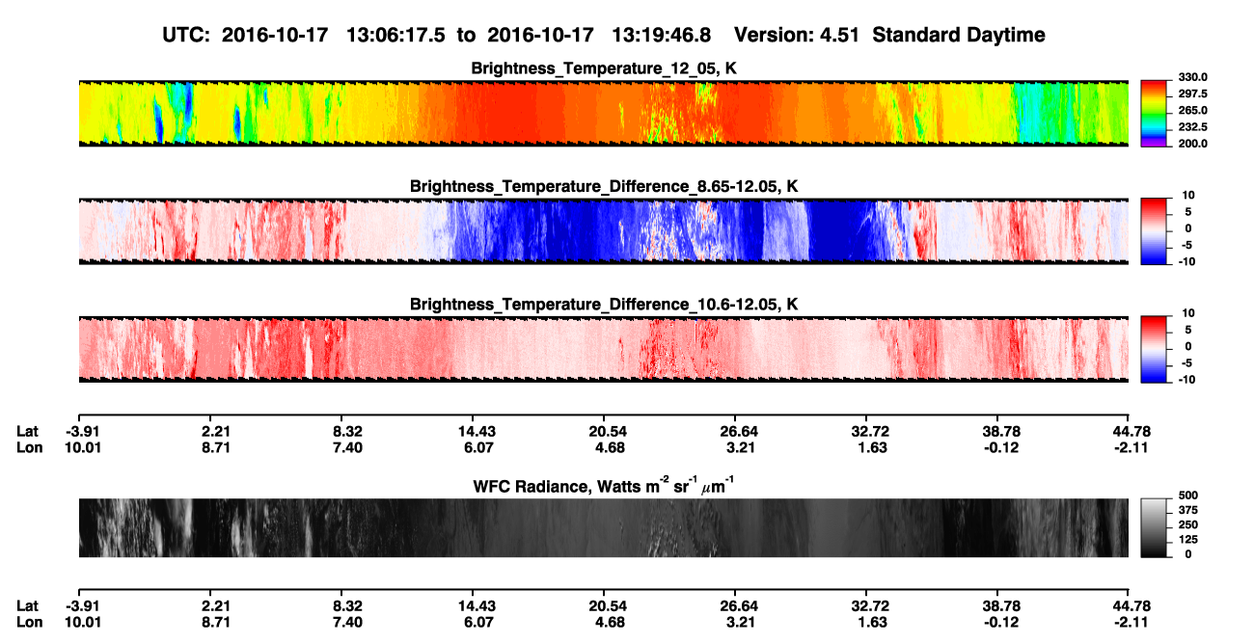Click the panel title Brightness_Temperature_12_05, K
click(604, 68)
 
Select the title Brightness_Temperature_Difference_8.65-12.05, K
click(604, 186)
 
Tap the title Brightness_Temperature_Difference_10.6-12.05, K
click(604, 305)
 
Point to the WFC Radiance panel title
click(604, 485)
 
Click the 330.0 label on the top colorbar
click(1192, 77)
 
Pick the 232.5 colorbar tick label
click(1192, 127)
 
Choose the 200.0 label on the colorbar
click(1192, 144)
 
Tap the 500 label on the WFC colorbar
click(1188, 496)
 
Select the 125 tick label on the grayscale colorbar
click(1188, 540)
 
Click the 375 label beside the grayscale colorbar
click(1188, 510)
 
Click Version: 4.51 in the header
click(797, 35)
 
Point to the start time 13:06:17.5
click(395, 35)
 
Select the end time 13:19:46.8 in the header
click(661, 35)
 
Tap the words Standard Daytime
click(959, 35)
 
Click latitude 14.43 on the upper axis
click(477, 432)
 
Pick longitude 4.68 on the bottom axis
click(610, 623)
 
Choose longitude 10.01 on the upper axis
click(83, 447)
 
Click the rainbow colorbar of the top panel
click(1154, 114)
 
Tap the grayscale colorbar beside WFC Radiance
click(1154, 527)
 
